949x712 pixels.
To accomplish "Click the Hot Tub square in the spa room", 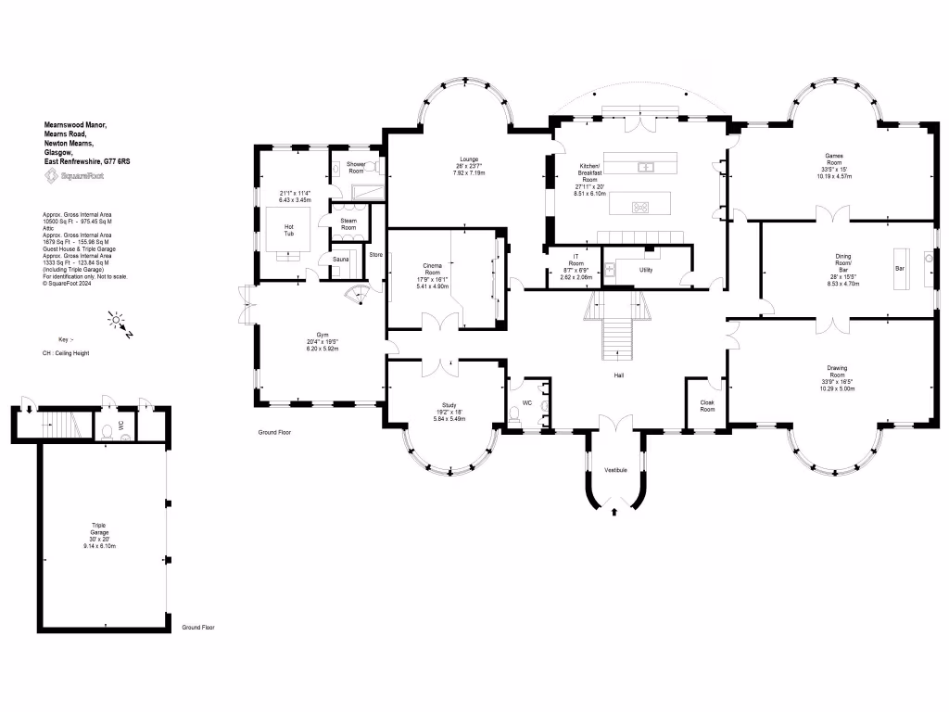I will (x=288, y=229).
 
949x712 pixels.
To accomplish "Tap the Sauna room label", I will (x=340, y=261).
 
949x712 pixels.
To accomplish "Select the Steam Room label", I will (x=348, y=223).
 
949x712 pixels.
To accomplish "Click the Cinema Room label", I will (x=432, y=269).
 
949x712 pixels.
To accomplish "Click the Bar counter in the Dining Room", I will (x=899, y=268).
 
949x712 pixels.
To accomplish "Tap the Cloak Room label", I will (x=707, y=405).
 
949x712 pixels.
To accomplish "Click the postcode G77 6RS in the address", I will (x=117, y=161).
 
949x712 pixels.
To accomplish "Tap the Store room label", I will (x=375, y=254).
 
